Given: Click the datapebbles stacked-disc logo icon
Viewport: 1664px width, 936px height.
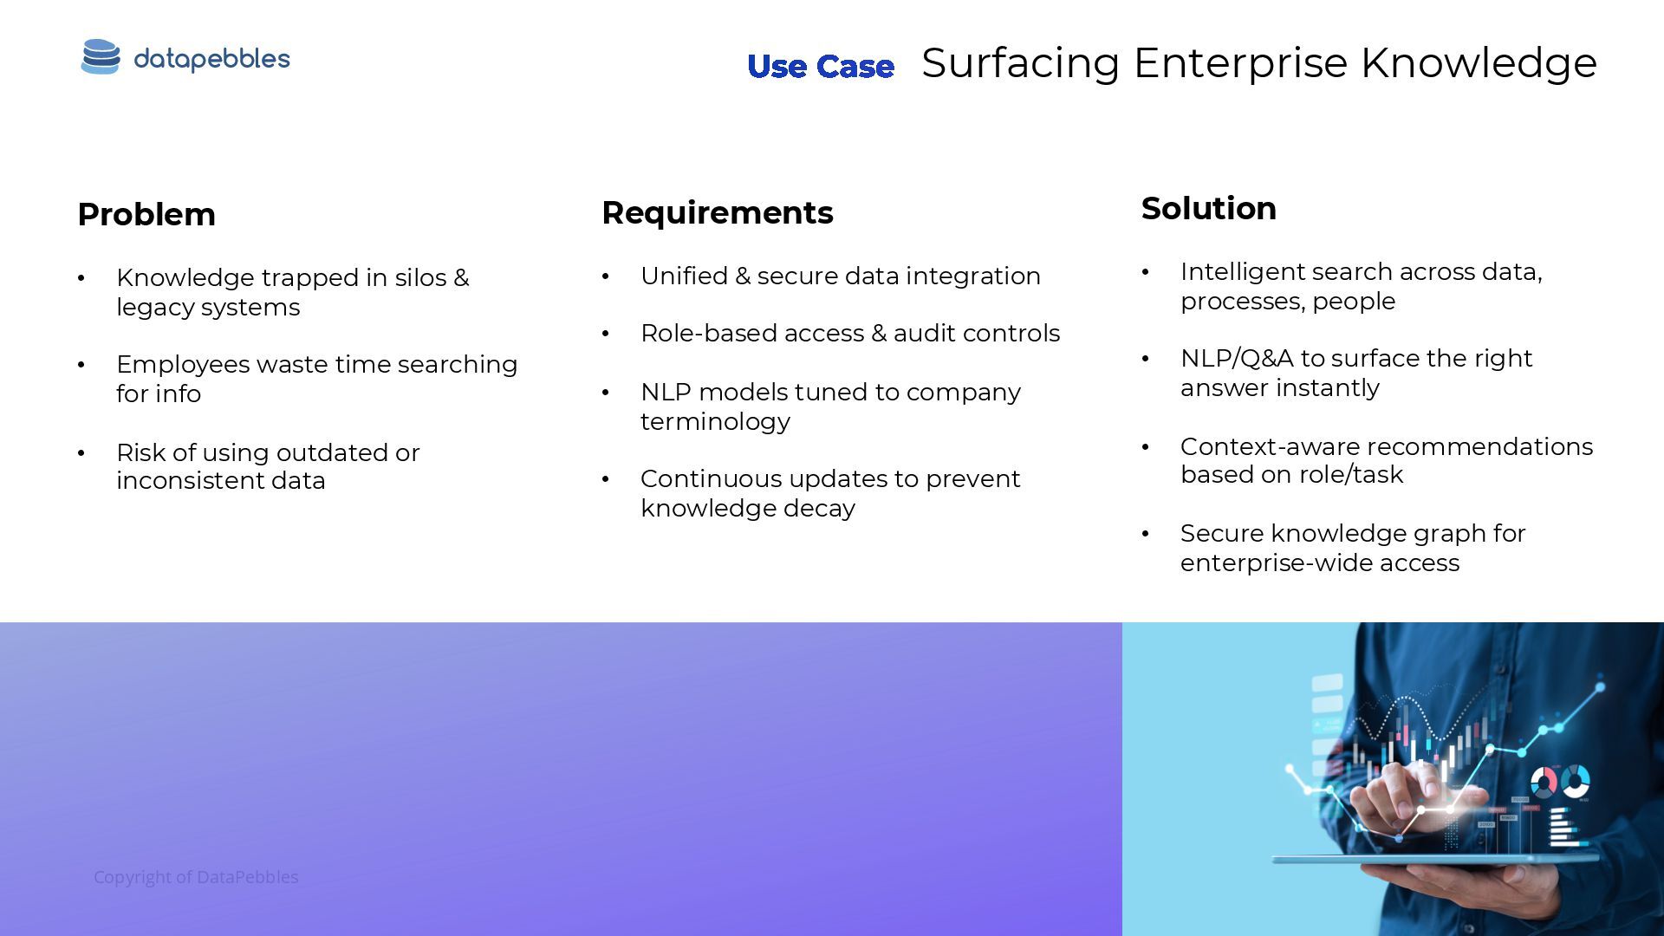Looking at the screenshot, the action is point(101,57).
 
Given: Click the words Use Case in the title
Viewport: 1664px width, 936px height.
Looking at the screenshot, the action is point(820,67).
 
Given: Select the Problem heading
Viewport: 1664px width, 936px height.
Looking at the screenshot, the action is point(146,215).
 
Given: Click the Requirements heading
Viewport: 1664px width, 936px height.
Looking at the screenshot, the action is point(717,213).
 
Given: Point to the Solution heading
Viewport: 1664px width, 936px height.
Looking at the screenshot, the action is point(1208,209).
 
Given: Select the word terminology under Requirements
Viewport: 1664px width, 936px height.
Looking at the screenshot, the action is point(715,422).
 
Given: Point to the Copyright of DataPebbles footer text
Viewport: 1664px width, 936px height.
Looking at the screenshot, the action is point(196,877).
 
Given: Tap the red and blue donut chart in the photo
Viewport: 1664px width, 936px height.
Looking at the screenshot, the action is point(1543,782).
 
